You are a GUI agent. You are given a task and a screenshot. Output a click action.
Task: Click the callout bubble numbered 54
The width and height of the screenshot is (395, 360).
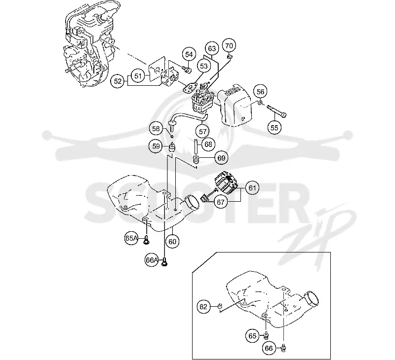189,54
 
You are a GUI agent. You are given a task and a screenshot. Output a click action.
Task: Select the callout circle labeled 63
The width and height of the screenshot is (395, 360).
212,48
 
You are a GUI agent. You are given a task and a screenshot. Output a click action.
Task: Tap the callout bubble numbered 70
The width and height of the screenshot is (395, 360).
229,45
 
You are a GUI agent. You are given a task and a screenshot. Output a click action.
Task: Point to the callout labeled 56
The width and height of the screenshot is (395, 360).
260,92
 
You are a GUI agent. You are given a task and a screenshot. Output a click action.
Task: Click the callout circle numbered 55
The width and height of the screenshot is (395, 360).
274,128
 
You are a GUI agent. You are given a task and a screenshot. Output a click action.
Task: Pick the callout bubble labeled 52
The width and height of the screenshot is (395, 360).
118,81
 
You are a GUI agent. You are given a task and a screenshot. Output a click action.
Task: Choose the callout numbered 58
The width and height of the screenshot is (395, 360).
156,129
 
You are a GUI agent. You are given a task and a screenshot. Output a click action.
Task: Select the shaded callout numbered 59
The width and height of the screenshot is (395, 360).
156,146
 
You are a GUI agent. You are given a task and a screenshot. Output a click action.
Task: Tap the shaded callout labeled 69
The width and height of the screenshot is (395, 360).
221,158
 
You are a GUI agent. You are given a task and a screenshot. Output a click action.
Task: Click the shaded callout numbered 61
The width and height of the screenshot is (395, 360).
252,188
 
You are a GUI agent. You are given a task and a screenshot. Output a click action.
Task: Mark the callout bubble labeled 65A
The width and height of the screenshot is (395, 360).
131,238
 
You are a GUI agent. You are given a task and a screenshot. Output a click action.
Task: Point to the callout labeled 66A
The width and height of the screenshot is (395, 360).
152,260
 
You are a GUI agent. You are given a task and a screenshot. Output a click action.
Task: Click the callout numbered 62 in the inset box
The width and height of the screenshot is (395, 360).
203,307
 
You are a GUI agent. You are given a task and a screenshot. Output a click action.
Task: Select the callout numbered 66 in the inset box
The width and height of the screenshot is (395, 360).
269,348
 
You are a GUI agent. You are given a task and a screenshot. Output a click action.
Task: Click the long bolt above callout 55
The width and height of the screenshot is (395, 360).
276,111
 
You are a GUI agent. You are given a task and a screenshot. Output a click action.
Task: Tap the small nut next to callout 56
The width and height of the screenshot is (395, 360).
260,103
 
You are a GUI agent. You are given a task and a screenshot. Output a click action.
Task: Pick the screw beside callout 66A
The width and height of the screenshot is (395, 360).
165,261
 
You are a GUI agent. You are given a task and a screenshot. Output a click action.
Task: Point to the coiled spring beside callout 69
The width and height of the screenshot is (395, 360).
196,159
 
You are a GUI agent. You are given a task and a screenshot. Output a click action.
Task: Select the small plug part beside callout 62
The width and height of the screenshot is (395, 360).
220,306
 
